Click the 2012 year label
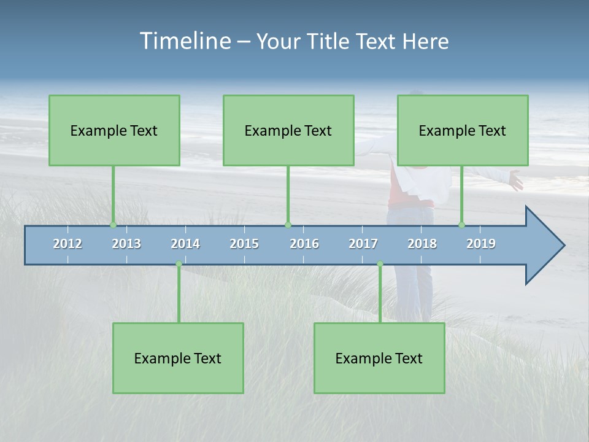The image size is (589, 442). [x=67, y=244]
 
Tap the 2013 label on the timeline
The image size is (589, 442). [x=126, y=244]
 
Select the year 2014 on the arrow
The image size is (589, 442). [x=185, y=244]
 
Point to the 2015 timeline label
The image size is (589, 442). [x=244, y=244]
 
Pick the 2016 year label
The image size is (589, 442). [x=304, y=244]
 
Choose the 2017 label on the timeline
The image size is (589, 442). [x=363, y=244]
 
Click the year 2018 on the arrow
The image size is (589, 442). [x=422, y=244]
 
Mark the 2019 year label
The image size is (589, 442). [x=481, y=244]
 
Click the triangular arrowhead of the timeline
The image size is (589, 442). [x=543, y=246]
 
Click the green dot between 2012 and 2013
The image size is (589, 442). [x=113, y=225]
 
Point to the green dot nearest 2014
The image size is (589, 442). [x=179, y=264]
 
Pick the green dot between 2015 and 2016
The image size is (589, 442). [x=288, y=225]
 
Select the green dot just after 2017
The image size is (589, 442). [x=380, y=264]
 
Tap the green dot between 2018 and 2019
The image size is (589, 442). [x=461, y=225]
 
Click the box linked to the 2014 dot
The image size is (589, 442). [x=178, y=358]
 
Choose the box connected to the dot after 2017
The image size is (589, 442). [x=379, y=358]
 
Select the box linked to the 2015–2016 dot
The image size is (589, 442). [x=288, y=130]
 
